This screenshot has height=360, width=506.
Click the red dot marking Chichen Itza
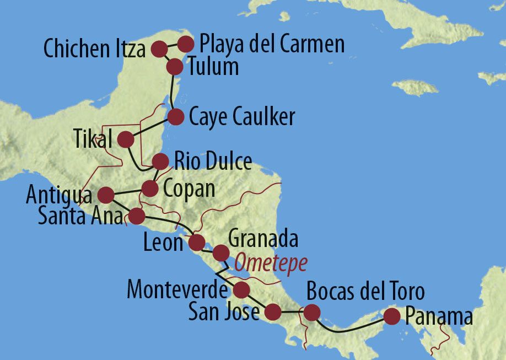159,49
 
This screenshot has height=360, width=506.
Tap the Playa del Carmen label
272,44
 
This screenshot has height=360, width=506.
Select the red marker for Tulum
174,67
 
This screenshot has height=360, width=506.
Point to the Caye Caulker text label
241,116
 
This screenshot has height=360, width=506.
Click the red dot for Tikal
126,139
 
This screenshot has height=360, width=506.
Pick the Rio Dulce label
213,162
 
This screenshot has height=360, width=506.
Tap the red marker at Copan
150,188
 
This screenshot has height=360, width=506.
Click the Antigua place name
59,195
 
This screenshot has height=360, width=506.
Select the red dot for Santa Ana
136,216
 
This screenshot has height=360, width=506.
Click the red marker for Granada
220,252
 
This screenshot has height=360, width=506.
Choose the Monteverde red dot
241,289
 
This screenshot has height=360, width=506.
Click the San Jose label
223,312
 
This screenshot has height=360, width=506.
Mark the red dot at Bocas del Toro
312,313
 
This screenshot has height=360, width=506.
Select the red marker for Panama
391,316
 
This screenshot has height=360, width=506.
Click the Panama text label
439,317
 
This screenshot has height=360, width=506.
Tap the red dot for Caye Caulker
175,117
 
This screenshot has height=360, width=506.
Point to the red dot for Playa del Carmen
186,43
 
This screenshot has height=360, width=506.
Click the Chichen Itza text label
94,49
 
